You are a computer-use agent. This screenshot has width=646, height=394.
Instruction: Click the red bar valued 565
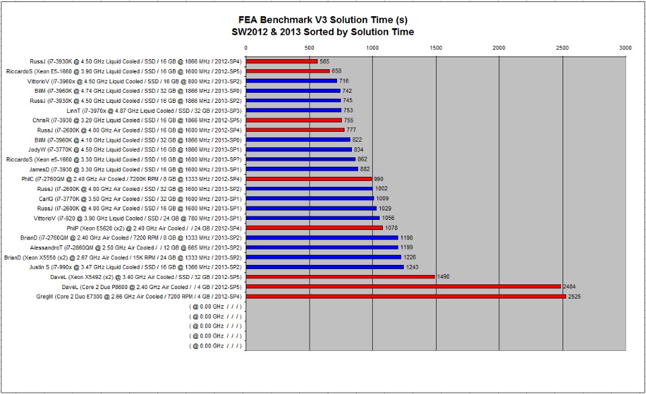tap(282, 61)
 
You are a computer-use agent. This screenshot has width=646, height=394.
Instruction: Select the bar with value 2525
tap(406, 297)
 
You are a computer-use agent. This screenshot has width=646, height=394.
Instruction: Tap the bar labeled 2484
tap(403, 286)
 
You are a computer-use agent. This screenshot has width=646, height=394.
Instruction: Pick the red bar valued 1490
tap(340, 277)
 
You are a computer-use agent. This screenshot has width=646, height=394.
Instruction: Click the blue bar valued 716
tap(291, 81)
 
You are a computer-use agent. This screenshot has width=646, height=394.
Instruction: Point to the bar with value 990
tap(309, 179)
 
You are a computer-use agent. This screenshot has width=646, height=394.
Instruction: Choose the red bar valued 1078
tap(314, 228)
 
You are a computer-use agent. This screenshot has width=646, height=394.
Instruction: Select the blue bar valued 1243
tap(325, 267)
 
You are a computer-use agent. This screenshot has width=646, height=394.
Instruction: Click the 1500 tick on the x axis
tap(436, 48)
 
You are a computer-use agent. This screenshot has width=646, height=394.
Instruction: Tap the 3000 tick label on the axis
tap(626, 48)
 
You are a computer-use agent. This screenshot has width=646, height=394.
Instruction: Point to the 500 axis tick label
tap(309, 48)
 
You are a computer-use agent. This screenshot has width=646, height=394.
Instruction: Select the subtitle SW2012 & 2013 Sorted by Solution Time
tap(323, 32)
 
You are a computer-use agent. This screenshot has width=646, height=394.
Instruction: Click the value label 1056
tap(388, 218)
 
